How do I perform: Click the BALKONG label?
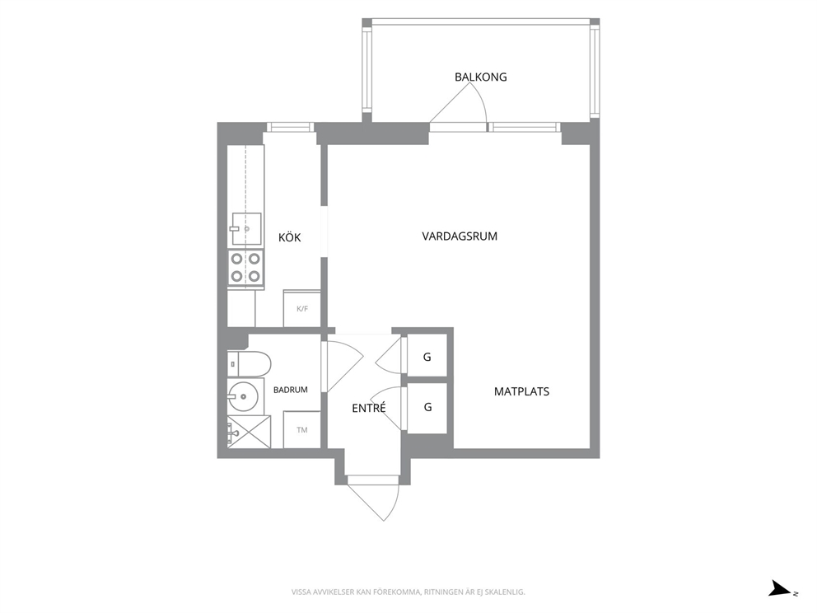point(480,77)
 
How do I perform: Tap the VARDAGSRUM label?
point(460,236)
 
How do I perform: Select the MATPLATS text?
point(521,391)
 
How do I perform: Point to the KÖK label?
point(290,237)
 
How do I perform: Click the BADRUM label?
point(290,390)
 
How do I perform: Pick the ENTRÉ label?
point(369,408)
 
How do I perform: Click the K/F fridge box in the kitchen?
point(301,309)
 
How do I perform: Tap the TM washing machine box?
point(301,429)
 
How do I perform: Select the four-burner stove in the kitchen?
point(245,268)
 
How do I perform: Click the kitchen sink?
point(246,228)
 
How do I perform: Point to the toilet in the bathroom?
point(250,364)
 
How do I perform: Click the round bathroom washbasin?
point(243,397)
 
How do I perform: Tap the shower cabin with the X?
point(249,432)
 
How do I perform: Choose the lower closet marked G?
point(427,408)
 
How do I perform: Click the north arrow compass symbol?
point(782,588)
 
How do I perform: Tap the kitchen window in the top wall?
point(290,127)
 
